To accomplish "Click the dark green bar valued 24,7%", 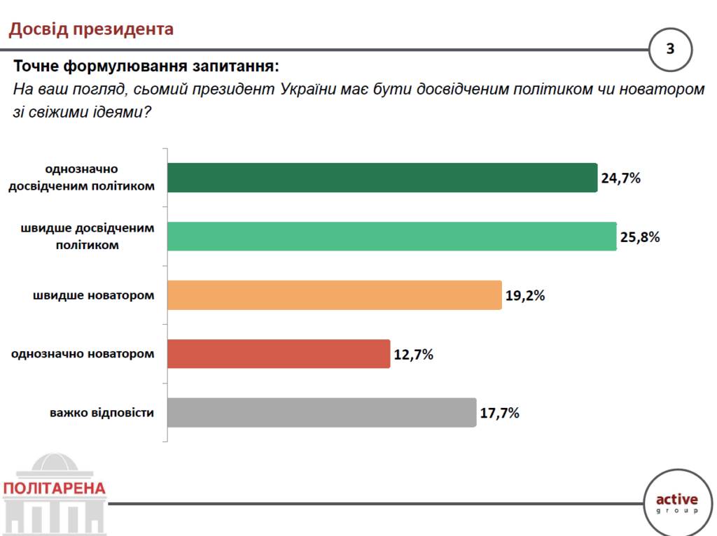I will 382,178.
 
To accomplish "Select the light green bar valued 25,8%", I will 392,237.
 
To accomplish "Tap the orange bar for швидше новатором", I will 335,295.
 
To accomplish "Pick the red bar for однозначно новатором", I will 279,354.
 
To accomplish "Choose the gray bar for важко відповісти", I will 322,413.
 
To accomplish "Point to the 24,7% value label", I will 621,178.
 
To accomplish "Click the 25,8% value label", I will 640,237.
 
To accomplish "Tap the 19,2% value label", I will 525,295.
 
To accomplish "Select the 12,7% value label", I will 413,354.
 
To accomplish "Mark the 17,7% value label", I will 499,413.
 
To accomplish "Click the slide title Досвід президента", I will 90,29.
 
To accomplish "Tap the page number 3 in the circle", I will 670,49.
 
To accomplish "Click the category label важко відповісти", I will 102,413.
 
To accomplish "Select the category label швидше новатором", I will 93,295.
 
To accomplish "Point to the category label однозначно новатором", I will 83,354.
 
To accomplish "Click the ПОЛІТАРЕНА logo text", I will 54,488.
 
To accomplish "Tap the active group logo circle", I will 676,502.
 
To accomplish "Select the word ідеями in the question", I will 118,111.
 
